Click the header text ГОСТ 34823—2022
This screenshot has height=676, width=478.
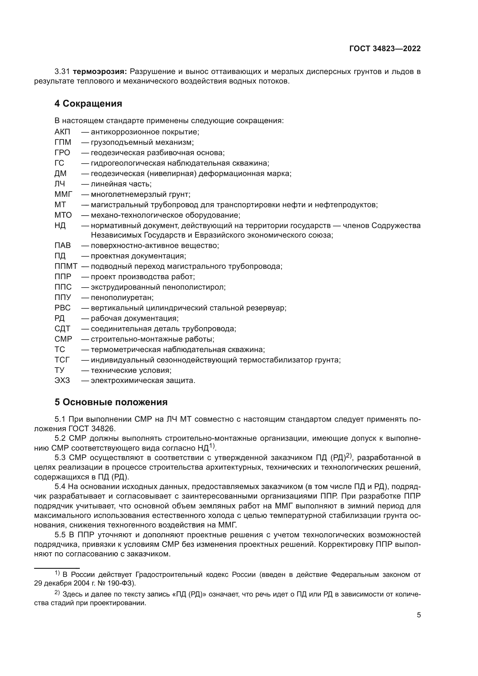pos(385,49)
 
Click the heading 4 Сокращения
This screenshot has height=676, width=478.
pos(88,104)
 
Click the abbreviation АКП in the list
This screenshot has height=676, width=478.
pos(62,132)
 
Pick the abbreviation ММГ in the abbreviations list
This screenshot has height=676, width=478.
pos(63,194)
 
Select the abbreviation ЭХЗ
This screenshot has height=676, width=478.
pos(62,381)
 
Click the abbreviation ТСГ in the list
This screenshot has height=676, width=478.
pos(62,360)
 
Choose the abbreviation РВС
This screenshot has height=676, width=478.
pos(62,308)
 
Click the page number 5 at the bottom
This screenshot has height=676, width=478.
pos(418,615)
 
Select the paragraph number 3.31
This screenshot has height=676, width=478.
pos(62,72)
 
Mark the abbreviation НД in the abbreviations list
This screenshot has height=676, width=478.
pos(60,225)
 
